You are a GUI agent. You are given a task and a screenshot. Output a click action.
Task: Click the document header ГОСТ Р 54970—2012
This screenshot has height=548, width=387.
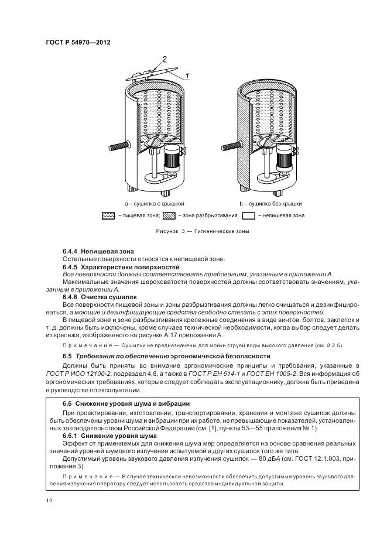77,42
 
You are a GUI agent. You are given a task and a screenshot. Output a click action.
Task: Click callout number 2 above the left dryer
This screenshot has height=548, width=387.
165,59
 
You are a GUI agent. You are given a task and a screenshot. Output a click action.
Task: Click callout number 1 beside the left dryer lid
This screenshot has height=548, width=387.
187,76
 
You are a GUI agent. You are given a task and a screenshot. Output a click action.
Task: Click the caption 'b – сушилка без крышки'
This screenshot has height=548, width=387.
270,203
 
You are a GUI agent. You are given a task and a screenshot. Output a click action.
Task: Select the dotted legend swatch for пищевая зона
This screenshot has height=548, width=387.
108,215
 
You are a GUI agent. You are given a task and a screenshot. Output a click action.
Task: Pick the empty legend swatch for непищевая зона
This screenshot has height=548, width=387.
249,215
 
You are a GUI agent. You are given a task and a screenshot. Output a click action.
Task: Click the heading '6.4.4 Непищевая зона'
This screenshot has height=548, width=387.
94,251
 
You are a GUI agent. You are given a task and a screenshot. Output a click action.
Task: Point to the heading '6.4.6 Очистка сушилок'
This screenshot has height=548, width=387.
100,297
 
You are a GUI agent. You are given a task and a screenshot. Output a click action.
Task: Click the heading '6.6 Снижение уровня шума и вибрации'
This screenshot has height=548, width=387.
125,404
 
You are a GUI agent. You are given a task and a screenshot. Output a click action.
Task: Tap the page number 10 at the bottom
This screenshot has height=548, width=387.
49,501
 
